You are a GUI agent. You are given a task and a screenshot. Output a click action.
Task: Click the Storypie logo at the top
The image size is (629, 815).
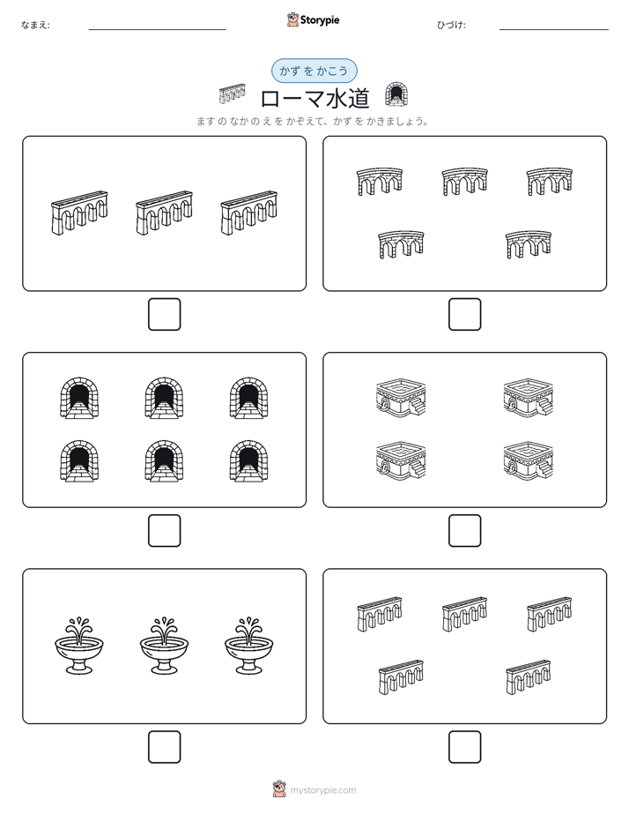[313, 19]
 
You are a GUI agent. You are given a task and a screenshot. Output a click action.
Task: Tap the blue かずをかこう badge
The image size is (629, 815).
[314, 71]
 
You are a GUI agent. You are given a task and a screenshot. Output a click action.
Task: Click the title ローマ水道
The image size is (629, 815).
[314, 98]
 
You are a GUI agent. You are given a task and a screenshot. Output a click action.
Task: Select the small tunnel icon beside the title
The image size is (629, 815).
[396, 94]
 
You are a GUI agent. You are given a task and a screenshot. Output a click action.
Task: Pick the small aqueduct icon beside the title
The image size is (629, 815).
[232, 93]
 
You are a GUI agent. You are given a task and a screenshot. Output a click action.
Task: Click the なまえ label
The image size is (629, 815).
[35, 25]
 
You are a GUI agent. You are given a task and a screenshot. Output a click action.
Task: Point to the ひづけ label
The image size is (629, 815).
[451, 25]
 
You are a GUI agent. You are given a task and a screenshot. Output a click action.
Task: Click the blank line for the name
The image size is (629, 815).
[157, 30]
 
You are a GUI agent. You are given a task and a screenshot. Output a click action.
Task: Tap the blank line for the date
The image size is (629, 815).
[554, 30]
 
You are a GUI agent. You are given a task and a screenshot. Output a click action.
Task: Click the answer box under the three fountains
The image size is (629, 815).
[165, 747]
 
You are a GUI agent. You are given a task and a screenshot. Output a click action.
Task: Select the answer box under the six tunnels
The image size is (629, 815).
[165, 531]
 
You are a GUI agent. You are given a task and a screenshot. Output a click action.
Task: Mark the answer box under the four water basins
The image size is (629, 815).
[464, 531]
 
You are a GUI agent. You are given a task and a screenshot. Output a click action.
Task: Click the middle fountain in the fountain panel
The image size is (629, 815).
[164, 646]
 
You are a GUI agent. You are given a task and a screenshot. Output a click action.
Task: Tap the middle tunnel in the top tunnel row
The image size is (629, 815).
[164, 398]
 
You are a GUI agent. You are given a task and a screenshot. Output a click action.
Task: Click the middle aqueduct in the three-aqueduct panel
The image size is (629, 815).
[164, 213]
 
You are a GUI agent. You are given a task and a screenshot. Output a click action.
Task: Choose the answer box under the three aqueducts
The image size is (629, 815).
[165, 315]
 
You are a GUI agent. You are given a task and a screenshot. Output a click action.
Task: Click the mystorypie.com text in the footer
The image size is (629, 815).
[322, 790]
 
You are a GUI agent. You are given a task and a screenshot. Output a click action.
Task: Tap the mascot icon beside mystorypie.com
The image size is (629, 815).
[279, 789]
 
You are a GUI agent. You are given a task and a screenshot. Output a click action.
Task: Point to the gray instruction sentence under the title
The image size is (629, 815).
[313, 122]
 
